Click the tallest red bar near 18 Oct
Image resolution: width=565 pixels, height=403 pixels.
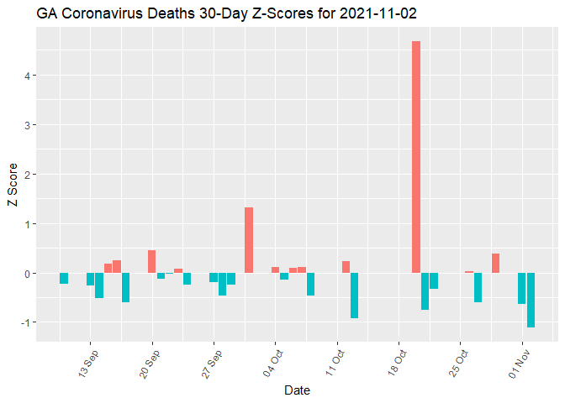[x=416, y=157]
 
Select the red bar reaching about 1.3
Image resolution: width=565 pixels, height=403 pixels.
[x=249, y=240]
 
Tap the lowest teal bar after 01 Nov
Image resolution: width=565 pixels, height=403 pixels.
[x=531, y=300]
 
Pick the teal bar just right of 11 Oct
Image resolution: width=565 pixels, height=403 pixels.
[x=355, y=296]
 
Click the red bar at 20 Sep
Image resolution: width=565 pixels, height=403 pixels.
[x=152, y=262]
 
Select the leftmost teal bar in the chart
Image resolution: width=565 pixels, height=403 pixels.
[x=64, y=279]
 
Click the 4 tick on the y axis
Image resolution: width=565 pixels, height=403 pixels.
[x=28, y=76]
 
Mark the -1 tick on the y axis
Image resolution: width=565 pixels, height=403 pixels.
[x=26, y=323]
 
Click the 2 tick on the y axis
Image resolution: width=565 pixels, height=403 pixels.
[x=28, y=175]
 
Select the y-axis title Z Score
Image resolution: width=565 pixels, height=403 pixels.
[x=11, y=184]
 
